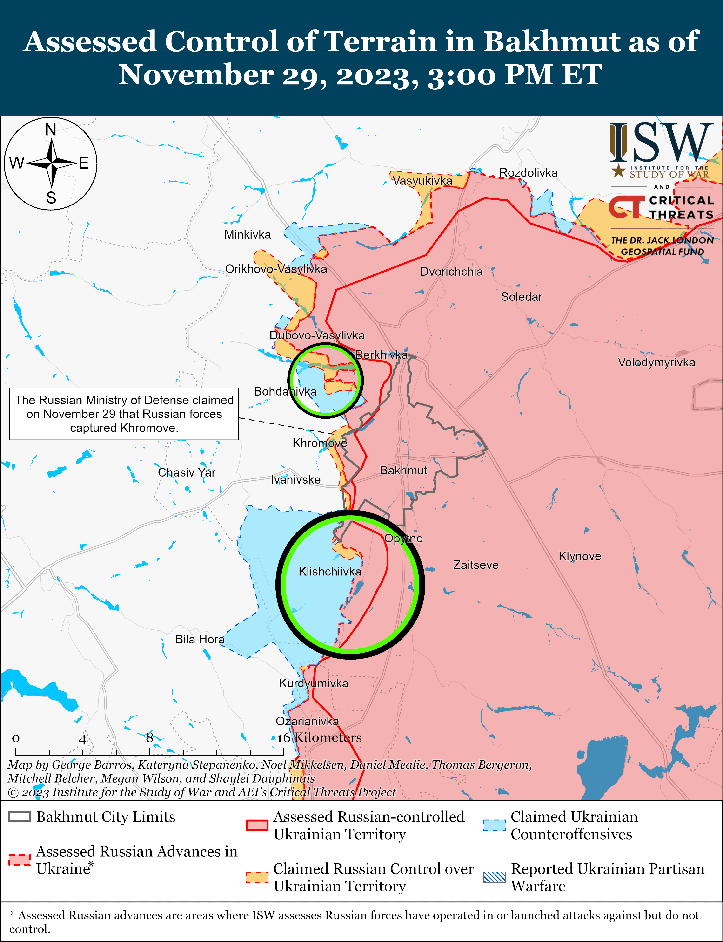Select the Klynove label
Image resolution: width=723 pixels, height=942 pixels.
coord(580,556)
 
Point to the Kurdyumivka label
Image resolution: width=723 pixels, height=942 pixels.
coord(313,683)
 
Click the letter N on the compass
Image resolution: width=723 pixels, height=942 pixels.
coord(51,130)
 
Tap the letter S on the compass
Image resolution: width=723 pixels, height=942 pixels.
coord(51,198)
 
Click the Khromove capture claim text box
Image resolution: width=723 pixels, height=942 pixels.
coord(124,414)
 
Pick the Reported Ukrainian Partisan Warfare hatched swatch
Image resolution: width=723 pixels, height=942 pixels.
coord(494,877)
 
